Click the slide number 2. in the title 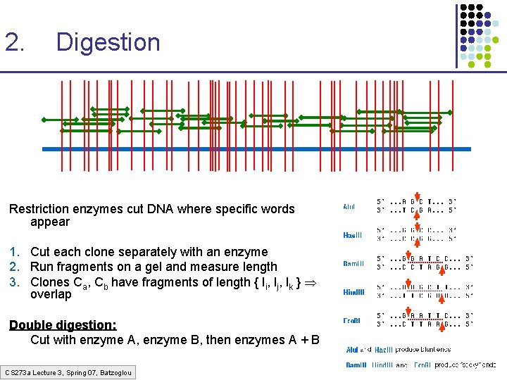coord(15,42)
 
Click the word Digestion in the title coord(108,42)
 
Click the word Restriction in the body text coord(42,209)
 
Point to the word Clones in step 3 coord(50,282)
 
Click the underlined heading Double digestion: coord(63,325)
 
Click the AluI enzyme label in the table coord(349,207)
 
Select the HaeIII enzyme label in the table coord(353,235)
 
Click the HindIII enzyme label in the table coord(353,292)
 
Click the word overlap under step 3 coord(51,295)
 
